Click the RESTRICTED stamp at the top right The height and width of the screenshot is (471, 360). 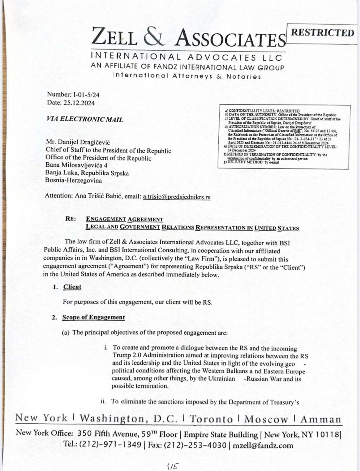coord(322,33)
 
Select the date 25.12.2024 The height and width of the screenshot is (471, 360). coord(79,103)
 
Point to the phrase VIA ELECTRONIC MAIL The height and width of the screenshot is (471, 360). coord(85,119)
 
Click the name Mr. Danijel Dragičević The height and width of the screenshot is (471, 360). coord(75,142)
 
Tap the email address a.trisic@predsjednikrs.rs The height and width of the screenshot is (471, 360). coord(176,197)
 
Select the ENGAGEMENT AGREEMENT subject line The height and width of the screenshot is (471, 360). coord(124,219)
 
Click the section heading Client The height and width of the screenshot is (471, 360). coord(72,287)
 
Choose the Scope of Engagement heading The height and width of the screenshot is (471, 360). coord(93,317)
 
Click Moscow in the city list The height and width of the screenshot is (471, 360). coord(266,419)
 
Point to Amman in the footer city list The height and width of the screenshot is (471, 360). coord(321,419)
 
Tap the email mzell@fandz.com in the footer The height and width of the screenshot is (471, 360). coord(263,445)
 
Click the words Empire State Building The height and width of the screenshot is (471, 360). coord(220,434)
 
